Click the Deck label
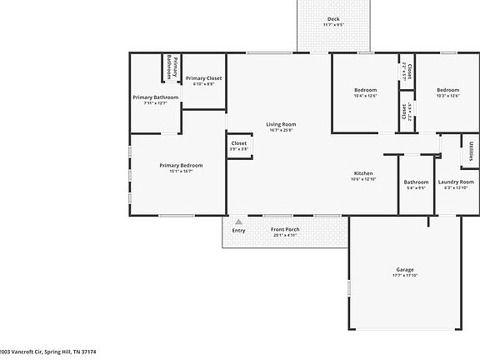(333, 18)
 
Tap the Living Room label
(282, 124)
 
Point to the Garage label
(405, 270)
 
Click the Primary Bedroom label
(181, 165)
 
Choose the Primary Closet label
(203, 77)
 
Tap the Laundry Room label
(456, 182)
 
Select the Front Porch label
(286, 229)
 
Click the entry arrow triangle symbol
(239, 222)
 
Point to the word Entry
(239, 230)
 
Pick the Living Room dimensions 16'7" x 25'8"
(282, 130)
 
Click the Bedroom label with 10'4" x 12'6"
(365, 90)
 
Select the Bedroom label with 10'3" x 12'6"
(448, 90)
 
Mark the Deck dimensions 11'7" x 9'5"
(333, 25)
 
